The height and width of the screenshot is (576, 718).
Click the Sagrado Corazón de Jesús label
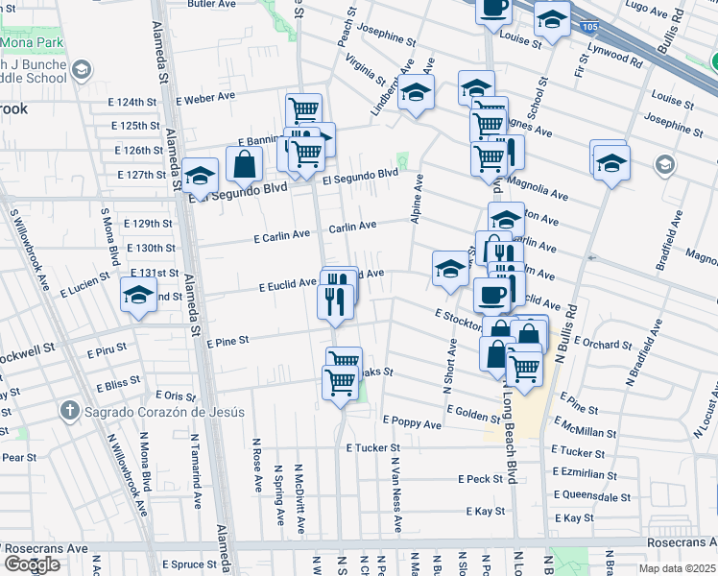163,412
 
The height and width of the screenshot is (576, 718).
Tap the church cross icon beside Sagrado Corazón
70,411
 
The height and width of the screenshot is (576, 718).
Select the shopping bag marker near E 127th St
245,164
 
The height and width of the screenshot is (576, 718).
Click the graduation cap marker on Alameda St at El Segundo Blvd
201,175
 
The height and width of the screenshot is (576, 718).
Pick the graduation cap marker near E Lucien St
139,294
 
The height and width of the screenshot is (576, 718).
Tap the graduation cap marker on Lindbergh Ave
416,93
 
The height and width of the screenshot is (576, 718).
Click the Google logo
32,564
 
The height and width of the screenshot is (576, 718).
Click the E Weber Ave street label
205,98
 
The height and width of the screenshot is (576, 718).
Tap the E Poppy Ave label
412,421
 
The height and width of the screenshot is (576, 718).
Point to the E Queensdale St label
590,495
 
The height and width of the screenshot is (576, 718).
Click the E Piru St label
107,352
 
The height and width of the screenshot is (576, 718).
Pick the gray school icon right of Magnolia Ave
664,166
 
